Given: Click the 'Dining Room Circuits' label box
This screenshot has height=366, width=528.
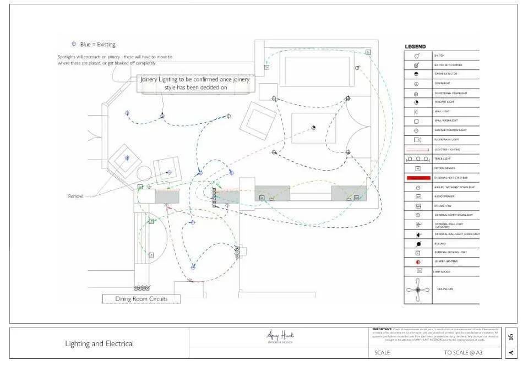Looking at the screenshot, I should [x=141, y=299].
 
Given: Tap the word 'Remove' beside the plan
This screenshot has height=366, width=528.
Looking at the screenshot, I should [x=75, y=196].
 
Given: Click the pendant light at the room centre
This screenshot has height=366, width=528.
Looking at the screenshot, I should [x=313, y=128].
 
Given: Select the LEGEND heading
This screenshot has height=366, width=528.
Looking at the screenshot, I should [x=415, y=47].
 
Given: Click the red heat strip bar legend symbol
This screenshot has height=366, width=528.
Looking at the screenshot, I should [x=418, y=178].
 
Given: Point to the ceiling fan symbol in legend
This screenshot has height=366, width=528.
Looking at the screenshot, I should [x=418, y=290].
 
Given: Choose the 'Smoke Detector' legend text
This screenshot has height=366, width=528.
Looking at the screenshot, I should [x=446, y=74].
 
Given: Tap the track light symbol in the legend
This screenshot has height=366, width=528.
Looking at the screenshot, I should [x=418, y=159].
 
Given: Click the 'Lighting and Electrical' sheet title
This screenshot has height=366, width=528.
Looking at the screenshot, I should [x=99, y=344].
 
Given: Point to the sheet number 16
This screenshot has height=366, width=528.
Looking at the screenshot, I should [x=511, y=336].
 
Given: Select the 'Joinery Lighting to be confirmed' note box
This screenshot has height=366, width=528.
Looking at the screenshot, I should [x=195, y=83].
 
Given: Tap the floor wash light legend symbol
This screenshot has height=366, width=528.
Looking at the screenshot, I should [x=418, y=140].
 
